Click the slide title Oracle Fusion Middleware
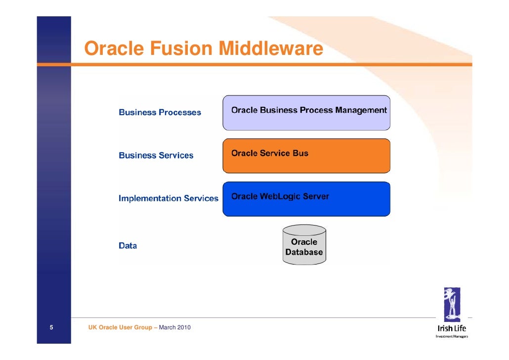(203, 49)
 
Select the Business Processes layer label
(160, 112)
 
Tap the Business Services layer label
(156, 155)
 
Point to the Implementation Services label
(168, 198)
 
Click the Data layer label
(127, 245)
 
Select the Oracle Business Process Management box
(306, 113)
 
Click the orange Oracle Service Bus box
(306, 156)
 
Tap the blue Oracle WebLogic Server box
(306, 199)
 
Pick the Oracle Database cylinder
(304, 246)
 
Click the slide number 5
(51, 327)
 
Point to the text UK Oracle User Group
(120, 327)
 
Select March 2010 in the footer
(174, 327)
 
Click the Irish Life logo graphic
(452, 304)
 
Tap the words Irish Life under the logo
(452, 328)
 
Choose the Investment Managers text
(452, 337)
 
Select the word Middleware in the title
(271, 49)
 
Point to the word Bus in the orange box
(300, 153)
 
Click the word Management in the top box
(361, 110)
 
